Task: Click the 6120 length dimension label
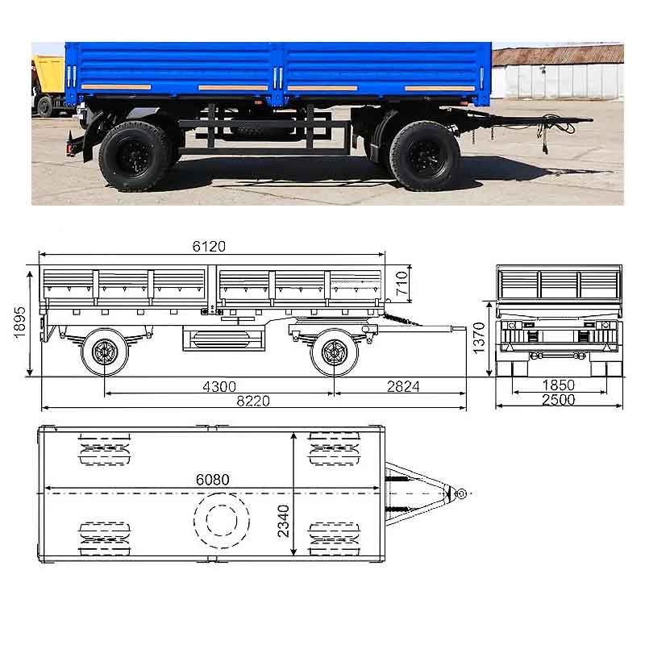209,247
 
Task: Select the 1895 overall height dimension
19,323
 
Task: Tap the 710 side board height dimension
402,283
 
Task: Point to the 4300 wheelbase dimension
219,387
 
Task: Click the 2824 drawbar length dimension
403,387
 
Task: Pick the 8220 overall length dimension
253,401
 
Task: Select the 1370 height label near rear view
479,338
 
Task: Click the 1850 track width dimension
558,385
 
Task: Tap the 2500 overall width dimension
558,400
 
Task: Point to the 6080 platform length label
212,480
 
